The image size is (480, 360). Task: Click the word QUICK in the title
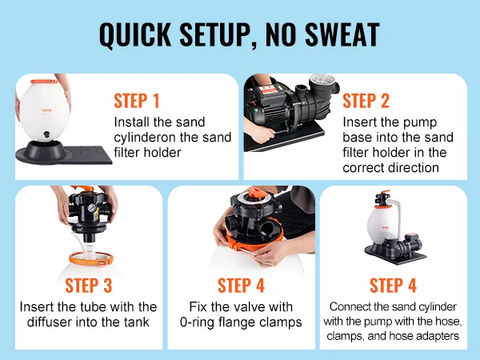pyautogui.click(x=135, y=34)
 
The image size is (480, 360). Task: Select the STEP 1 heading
pyautogui.click(x=137, y=101)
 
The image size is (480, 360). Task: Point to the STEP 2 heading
pyautogui.click(x=366, y=101)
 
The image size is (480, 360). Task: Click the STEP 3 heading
pyautogui.click(x=89, y=286)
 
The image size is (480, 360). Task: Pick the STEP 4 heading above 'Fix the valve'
pyautogui.click(x=241, y=286)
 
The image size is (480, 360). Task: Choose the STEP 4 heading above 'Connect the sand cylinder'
pyautogui.click(x=393, y=286)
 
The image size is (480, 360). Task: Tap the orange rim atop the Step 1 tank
pyautogui.click(x=44, y=82)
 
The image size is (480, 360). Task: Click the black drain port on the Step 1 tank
pyautogui.click(x=46, y=134)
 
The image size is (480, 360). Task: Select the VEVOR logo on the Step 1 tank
pyautogui.click(x=47, y=110)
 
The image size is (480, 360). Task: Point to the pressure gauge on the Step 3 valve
pyautogui.click(x=91, y=209)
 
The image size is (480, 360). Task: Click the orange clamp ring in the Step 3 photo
pyautogui.click(x=91, y=258)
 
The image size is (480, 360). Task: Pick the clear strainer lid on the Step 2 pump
pyautogui.click(x=322, y=80)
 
